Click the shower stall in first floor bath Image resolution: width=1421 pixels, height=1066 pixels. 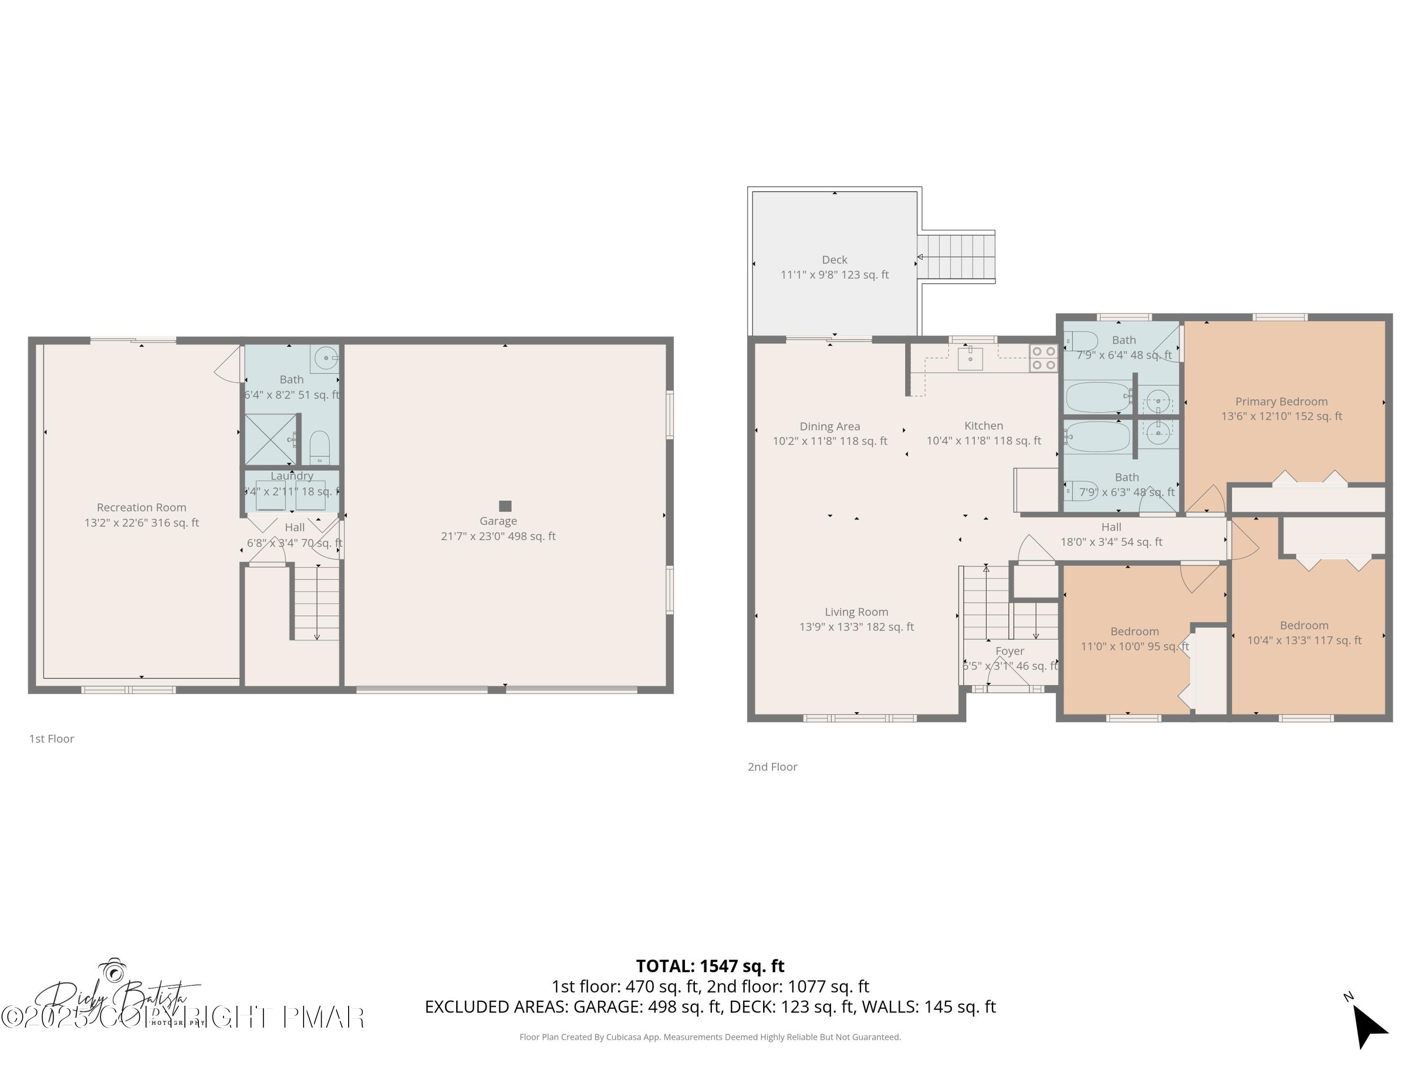pyautogui.click(x=270, y=440)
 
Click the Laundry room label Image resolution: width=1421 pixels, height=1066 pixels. pyautogui.click(x=292, y=476)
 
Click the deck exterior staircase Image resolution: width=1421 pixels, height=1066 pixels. pyautogui.click(x=955, y=256)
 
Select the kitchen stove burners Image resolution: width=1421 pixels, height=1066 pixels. pyautogui.click(x=1044, y=358)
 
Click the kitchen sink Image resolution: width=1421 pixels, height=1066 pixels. pyautogui.click(x=970, y=359)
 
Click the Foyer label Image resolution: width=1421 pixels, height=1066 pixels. pyautogui.click(x=1009, y=651)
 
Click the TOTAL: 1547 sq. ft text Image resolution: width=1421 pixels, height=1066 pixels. pyautogui.click(x=710, y=966)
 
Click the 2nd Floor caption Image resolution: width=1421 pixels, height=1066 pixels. pyautogui.click(x=772, y=767)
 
